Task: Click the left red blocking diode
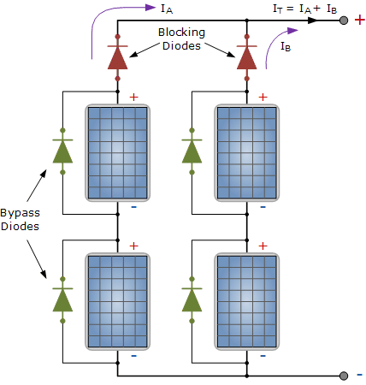(117, 56)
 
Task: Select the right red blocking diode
(246, 56)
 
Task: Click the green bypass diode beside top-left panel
(62, 151)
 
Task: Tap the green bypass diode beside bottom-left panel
(62, 299)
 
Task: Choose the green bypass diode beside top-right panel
(191, 151)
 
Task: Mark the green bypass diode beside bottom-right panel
(191, 299)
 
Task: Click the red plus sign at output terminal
(360, 20)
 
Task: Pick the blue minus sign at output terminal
(360, 375)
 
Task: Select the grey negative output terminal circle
(344, 376)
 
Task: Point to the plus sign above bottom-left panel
(133, 246)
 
